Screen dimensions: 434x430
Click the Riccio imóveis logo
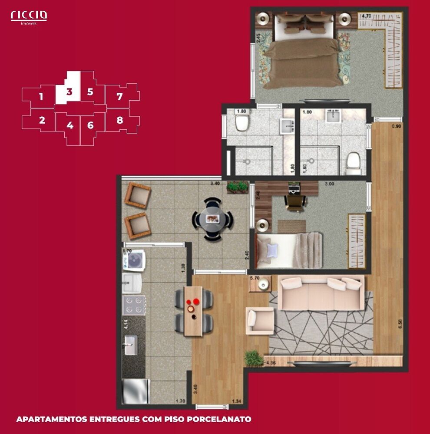coord(29,16)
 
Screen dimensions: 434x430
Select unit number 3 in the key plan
coord(69,92)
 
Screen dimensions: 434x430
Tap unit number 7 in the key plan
coord(120,96)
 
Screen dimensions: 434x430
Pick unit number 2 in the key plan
coord(42,120)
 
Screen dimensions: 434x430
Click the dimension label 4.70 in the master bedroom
coord(366,16)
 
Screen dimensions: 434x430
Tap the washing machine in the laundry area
coord(136,260)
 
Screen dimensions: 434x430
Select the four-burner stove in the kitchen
coord(134,305)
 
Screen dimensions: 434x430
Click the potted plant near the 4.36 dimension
coord(251,358)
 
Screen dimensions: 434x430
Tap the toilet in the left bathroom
coord(241,122)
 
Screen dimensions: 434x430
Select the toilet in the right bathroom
coord(354,161)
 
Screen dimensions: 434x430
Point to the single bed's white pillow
coord(272,250)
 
